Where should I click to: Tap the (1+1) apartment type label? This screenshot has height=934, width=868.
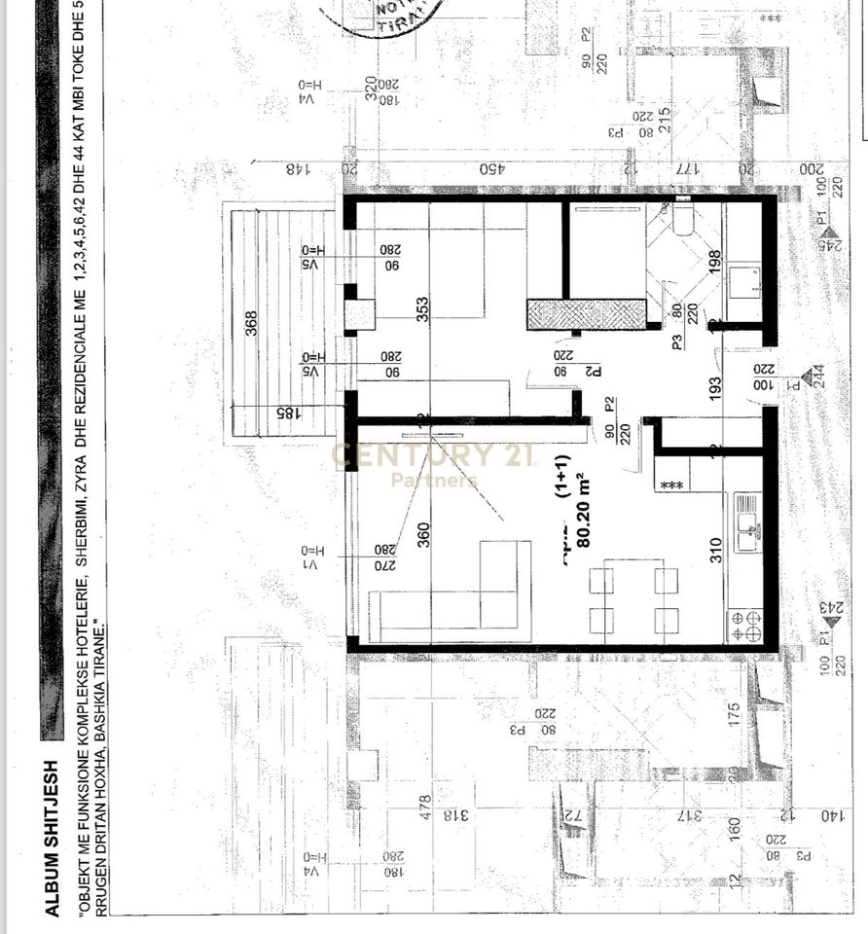coord(563,500)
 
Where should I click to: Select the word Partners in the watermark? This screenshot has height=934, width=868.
coord(434,480)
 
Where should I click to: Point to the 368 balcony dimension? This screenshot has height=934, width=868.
coord(252,325)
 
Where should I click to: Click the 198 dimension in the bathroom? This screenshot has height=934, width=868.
coord(714,262)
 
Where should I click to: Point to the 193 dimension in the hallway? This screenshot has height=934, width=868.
coord(714,390)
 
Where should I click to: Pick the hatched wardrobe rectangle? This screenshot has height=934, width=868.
coord(587,314)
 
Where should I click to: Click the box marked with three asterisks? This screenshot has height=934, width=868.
coord(669,485)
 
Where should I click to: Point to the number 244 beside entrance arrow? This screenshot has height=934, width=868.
coord(817,377)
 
